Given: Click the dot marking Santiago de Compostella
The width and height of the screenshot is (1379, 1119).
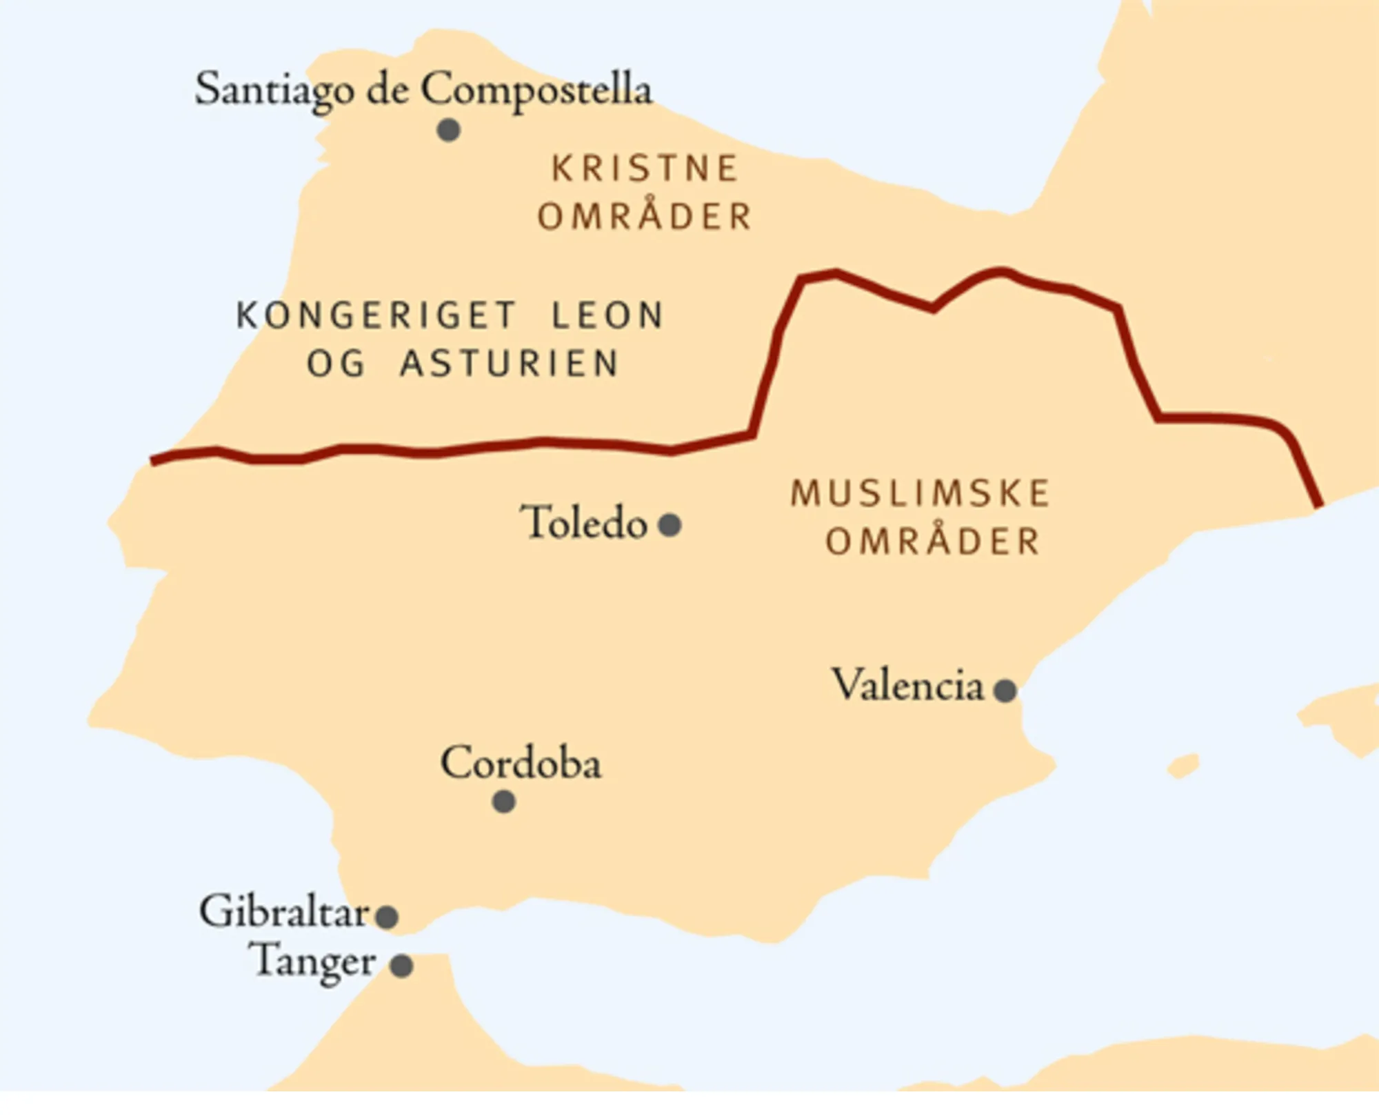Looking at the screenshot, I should pos(449,130).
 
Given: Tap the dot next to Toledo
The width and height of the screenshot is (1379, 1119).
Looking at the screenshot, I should pos(670,524).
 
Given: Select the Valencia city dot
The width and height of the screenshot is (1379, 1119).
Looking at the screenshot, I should pos(1005,689).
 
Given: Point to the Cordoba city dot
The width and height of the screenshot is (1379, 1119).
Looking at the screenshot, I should pos(504,802).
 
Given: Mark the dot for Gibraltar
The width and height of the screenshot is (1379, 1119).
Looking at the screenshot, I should pos(387,916).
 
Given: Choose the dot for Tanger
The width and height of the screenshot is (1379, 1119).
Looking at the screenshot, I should pos(401,965).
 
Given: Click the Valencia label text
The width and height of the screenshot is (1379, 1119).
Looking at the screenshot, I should pos(908,686).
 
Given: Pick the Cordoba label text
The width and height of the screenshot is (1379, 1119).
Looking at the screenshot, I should pos(521,763).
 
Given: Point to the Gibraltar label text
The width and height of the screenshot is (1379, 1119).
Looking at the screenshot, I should pos(284,912).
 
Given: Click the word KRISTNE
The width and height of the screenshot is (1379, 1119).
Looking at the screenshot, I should pos(645,169).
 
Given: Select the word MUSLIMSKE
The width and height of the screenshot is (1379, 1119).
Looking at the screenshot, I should pos(920,494).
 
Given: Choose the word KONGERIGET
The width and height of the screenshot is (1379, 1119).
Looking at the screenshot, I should pos(376,315).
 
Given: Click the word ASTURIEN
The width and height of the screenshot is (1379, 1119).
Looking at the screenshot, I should pos(510,364).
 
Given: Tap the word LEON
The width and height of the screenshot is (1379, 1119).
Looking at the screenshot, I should pos(607,315).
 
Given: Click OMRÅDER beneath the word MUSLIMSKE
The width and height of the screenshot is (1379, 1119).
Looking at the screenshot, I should pos(932,542).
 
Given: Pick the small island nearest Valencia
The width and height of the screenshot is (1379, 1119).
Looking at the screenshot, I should pos(1183,766).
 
